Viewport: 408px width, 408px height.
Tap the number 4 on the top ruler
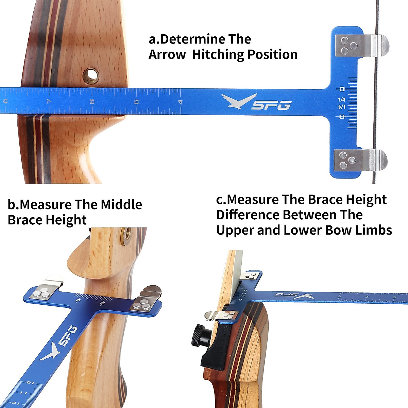(x=181, y=102)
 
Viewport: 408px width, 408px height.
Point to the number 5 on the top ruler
(x=136, y=102)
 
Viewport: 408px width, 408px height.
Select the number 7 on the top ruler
(x=49, y=101)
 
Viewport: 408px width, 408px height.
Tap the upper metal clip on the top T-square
(x=361, y=46)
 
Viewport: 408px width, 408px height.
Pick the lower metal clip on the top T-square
(x=360, y=160)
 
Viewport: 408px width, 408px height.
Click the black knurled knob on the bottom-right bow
(x=197, y=336)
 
